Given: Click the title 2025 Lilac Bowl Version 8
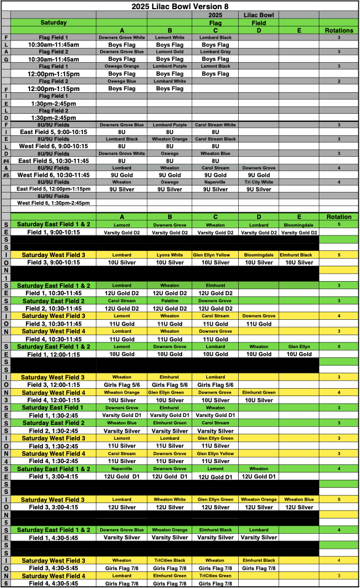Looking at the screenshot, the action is (x=180, y=6).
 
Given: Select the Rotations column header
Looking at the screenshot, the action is (x=339, y=30).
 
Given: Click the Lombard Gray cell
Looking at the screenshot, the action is (x=215, y=52).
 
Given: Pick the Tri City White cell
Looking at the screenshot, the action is (x=258, y=182).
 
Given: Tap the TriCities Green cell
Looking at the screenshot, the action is (x=215, y=576).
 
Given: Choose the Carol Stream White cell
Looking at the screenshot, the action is (x=215, y=125).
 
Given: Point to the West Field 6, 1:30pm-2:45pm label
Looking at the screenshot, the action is (x=54, y=203).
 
